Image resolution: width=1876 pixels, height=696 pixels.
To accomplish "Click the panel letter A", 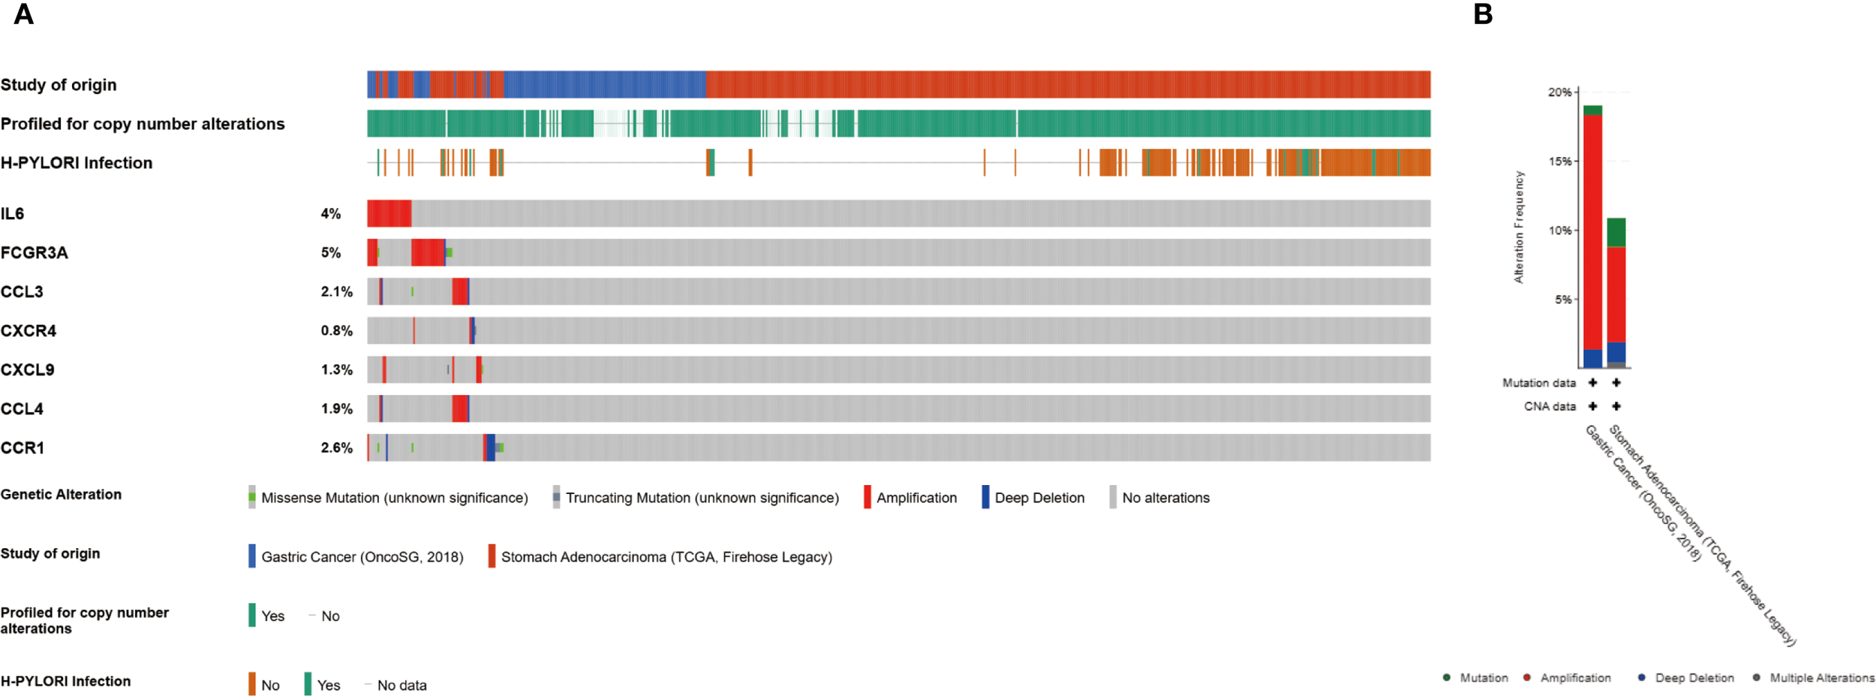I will coord(23,14).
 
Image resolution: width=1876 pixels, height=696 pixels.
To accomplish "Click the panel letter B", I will coord(1483,14).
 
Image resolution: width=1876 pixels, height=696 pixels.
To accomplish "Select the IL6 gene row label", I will coord(13,214).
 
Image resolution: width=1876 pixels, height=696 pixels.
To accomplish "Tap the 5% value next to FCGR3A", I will coord(331,253).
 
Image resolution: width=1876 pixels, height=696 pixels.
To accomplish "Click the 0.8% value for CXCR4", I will coord(336,331).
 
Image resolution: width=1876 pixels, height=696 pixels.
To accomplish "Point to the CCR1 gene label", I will coord(23,448).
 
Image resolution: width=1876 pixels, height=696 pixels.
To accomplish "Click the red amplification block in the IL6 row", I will coord(389,214).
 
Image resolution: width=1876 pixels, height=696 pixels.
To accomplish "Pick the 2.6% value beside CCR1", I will coord(336,448).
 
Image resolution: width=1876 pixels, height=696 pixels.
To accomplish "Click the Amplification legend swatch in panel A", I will coord(867,497).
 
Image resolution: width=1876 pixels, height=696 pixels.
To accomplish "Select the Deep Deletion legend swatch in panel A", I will coord(985,497).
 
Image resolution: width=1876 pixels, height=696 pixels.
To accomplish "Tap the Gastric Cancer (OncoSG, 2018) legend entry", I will coord(362,557).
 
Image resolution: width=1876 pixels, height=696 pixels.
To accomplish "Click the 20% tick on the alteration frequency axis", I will coord(1559,92).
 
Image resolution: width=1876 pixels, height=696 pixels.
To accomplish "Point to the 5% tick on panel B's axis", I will coord(1562,300).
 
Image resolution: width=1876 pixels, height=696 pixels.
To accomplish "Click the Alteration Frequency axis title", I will coord(1519,227).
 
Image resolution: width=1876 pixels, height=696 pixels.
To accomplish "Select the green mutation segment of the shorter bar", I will coord(1616,233).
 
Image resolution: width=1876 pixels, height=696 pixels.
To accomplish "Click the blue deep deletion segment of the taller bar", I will coord(1593,359).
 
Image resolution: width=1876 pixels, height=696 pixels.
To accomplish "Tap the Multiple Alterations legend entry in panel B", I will coord(1821,678).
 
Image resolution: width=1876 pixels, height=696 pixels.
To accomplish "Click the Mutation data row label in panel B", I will coord(1538,383).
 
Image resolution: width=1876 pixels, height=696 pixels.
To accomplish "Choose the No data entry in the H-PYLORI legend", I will coord(401,685).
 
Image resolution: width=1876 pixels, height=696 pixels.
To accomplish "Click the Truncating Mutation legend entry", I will coord(702,498).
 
